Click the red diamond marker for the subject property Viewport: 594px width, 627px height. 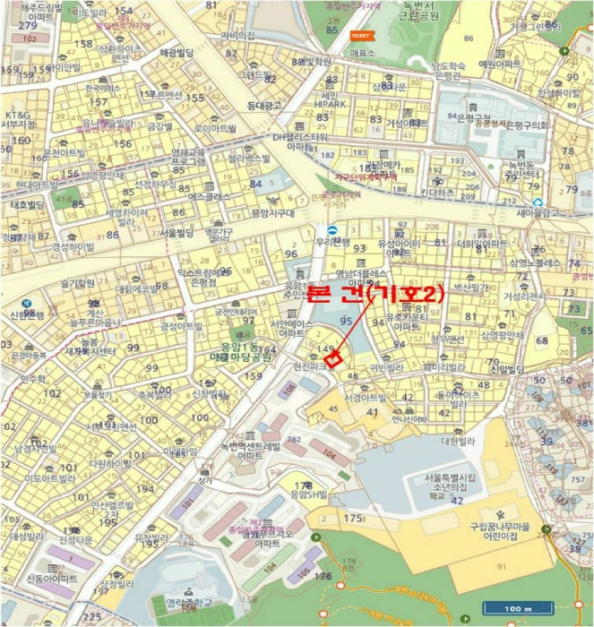point(333,358)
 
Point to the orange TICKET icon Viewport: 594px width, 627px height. point(361,36)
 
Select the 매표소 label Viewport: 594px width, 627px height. point(362,53)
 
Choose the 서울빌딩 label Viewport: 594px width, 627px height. point(178,232)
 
